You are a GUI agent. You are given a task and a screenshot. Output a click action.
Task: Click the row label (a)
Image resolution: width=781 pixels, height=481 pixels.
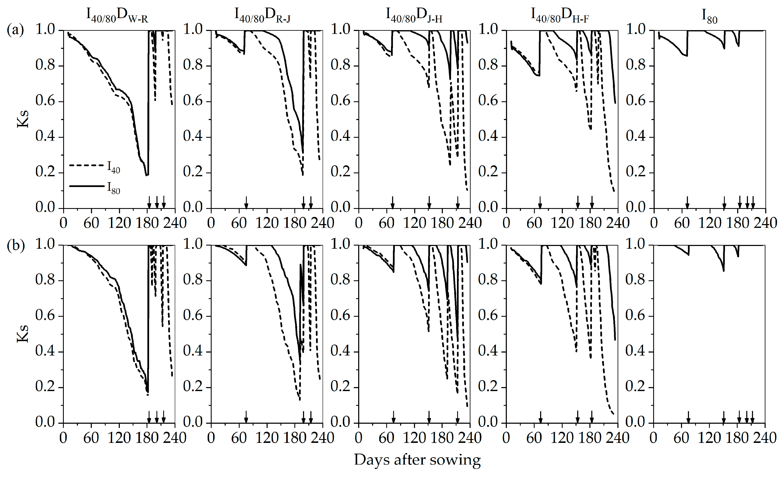[x=15, y=31]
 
